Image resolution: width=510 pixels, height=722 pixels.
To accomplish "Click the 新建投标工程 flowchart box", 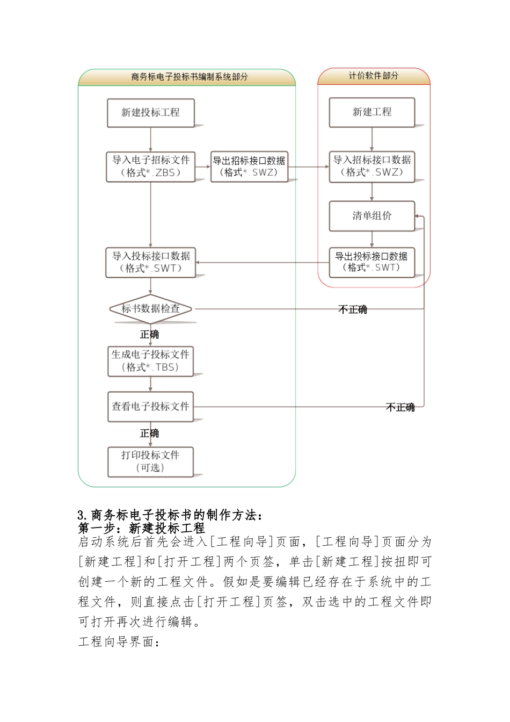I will point(150,113).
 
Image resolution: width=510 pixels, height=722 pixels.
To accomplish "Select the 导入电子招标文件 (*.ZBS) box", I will point(150,167).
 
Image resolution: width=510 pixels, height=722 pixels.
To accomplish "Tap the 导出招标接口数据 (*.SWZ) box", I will point(249,167).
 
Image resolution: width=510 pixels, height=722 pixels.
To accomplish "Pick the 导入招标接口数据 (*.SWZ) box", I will point(371,167).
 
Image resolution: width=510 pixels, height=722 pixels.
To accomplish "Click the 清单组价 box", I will point(371,216).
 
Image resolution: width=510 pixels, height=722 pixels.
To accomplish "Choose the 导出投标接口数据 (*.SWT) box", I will point(371,262).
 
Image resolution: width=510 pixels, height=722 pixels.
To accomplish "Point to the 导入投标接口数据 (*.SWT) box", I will point(150,262).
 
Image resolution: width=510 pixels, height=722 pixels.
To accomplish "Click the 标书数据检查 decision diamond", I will point(150,309).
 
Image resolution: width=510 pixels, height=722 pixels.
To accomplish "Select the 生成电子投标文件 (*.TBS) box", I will point(150,361).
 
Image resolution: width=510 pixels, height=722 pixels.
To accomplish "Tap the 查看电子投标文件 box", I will point(150,407).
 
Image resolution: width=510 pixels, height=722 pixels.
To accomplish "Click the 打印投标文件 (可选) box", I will point(150,461).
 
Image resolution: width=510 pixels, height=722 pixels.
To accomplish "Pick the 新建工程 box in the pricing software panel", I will point(371,112).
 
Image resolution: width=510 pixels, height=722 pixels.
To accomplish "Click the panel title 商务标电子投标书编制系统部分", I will point(190,77).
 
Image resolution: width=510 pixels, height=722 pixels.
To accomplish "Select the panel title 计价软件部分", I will point(374,76).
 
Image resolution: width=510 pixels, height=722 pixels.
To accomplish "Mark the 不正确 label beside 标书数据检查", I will point(353,309).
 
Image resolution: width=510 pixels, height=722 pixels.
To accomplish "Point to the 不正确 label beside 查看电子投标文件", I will point(400,407).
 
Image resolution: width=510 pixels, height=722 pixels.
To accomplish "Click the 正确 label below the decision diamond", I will point(150,334).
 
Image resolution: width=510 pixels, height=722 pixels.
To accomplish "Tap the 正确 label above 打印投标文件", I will point(150,433).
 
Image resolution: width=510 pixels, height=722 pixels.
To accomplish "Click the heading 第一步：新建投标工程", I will point(142,528).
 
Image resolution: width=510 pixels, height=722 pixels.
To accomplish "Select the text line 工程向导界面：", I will point(119,642).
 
